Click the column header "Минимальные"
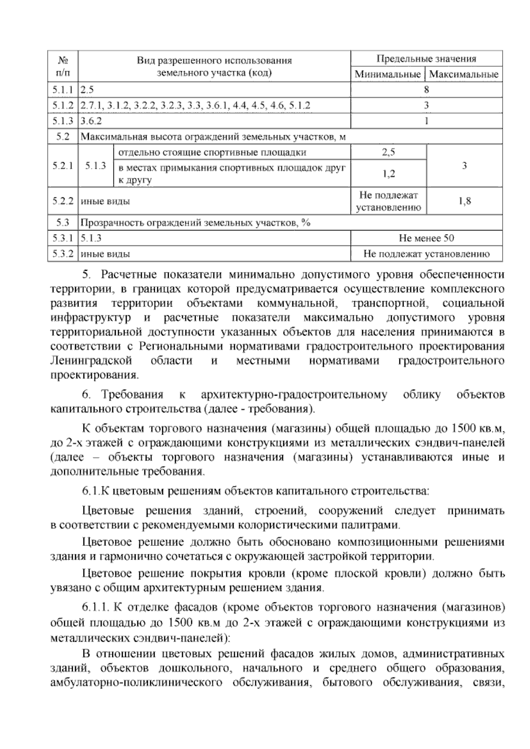coord(387,74)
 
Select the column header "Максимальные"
coord(464,74)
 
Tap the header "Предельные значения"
coord(426,59)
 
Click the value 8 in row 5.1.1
coord(426,90)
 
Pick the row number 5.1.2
coord(62,106)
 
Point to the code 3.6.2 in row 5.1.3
coord(91,121)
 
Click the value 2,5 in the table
coord(388,152)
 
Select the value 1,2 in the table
coord(388,174)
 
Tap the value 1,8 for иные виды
coord(464,201)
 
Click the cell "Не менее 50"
coord(426,238)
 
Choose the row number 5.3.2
coord(62,254)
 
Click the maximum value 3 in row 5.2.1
coord(464,166)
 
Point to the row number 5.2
coord(62,137)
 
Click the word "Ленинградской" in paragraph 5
coord(91,360)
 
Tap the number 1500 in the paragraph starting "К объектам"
coord(465,428)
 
